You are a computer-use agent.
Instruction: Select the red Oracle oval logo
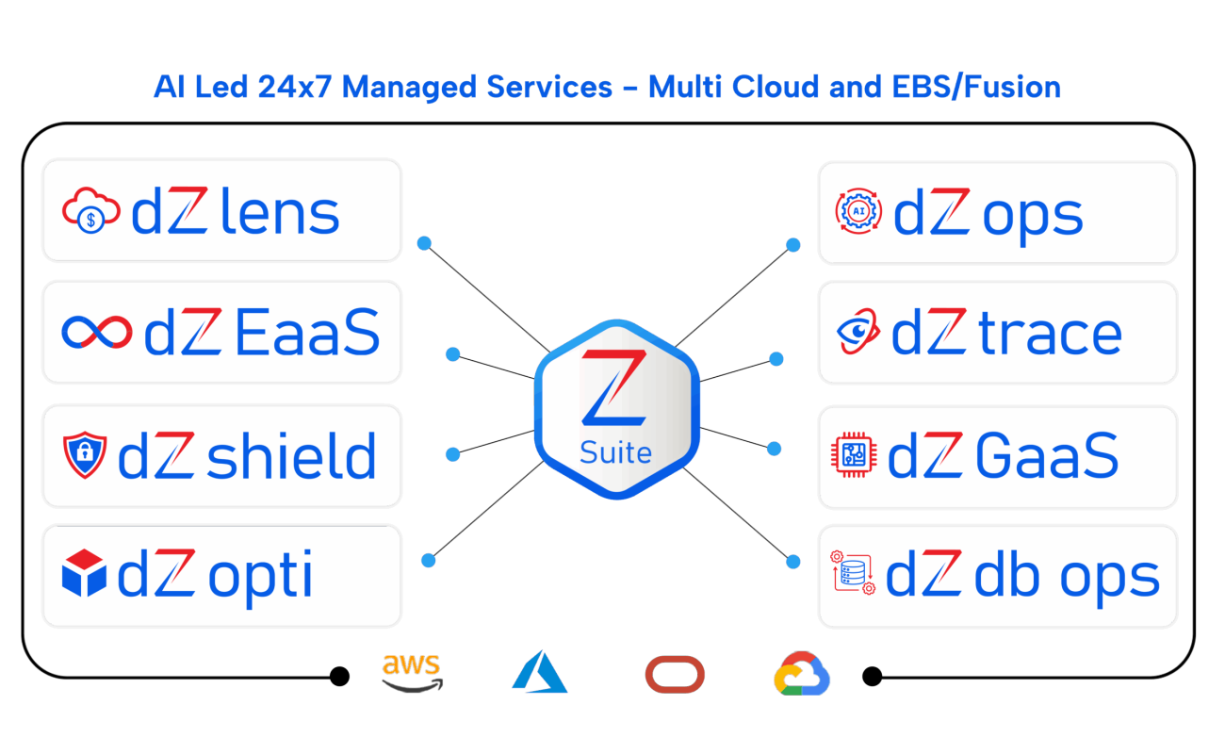coord(675,675)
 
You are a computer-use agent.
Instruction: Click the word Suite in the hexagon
coord(615,453)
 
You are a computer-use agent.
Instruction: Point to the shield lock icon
coord(85,456)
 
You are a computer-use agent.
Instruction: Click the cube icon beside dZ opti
coord(84,575)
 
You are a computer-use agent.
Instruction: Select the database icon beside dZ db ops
coord(853,573)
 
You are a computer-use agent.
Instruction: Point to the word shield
coord(290,455)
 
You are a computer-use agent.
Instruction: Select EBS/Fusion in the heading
coord(975,87)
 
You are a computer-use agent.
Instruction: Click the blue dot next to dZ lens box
coord(424,243)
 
